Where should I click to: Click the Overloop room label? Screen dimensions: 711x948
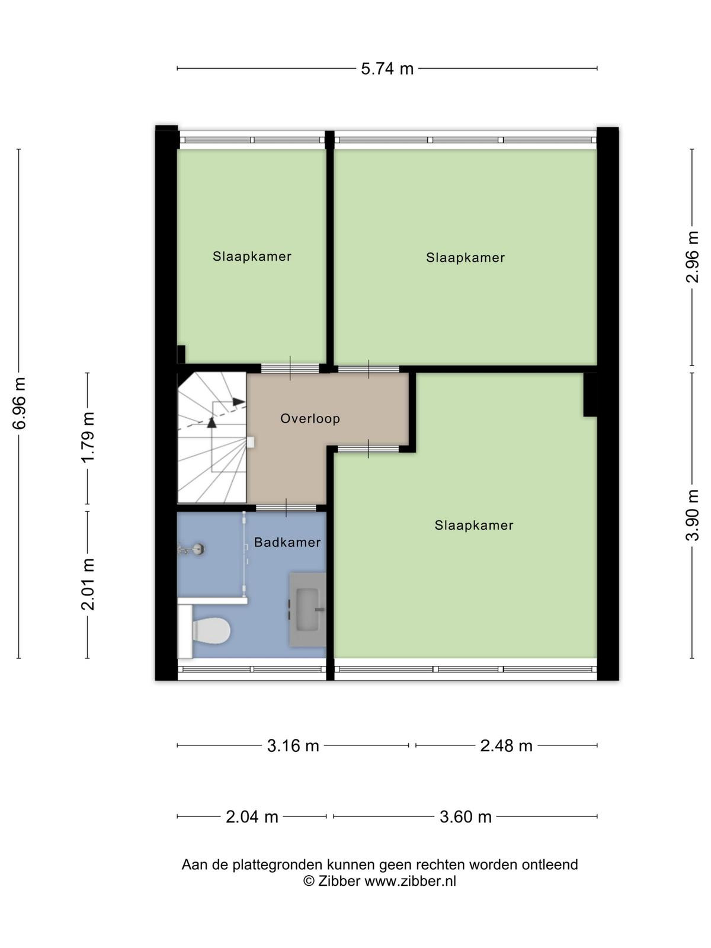point(310,418)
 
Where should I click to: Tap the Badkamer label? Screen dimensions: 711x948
point(287,543)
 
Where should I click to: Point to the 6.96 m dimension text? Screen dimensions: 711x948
point(20,403)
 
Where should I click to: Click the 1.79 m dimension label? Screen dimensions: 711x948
point(88,437)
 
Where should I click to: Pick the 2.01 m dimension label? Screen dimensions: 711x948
point(88,584)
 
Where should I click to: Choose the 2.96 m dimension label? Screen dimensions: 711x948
point(692,257)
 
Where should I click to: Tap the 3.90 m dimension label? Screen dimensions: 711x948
point(692,515)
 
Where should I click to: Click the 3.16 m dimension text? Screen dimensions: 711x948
point(293,746)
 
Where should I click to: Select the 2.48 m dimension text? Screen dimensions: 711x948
point(506,746)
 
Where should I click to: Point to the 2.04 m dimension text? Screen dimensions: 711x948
point(252,816)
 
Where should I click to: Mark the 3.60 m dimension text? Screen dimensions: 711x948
point(465,816)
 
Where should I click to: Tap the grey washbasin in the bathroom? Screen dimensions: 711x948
point(308,610)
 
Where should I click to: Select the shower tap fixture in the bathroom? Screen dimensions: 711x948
point(191,549)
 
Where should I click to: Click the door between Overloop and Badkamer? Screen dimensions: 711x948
point(286,508)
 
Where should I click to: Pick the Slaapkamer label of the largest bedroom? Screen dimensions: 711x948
point(473,525)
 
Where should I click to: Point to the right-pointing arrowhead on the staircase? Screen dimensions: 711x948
point(239,402)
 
